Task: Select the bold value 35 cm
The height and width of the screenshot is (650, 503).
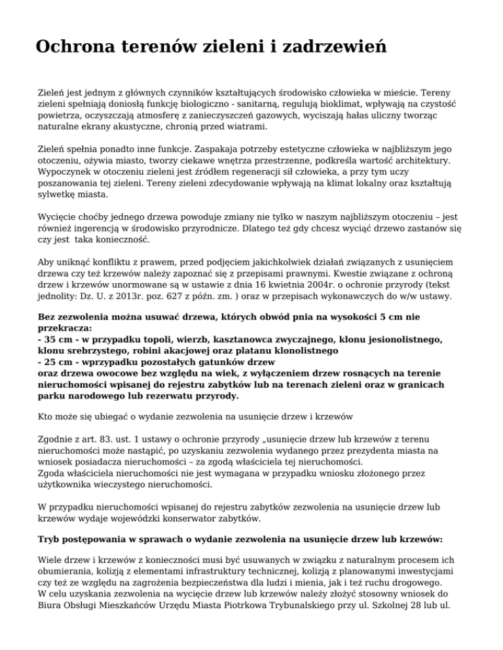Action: click(56, 339)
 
